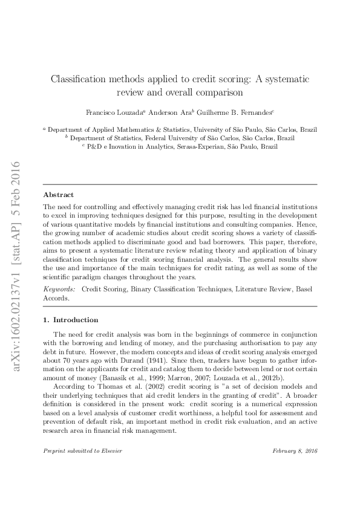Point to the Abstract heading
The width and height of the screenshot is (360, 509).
pos(59,195)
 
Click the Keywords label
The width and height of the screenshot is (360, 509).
pos(59,290)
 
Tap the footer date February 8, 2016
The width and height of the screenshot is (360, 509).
pos(295,452)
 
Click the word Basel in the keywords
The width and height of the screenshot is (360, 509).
pos(306,290)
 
